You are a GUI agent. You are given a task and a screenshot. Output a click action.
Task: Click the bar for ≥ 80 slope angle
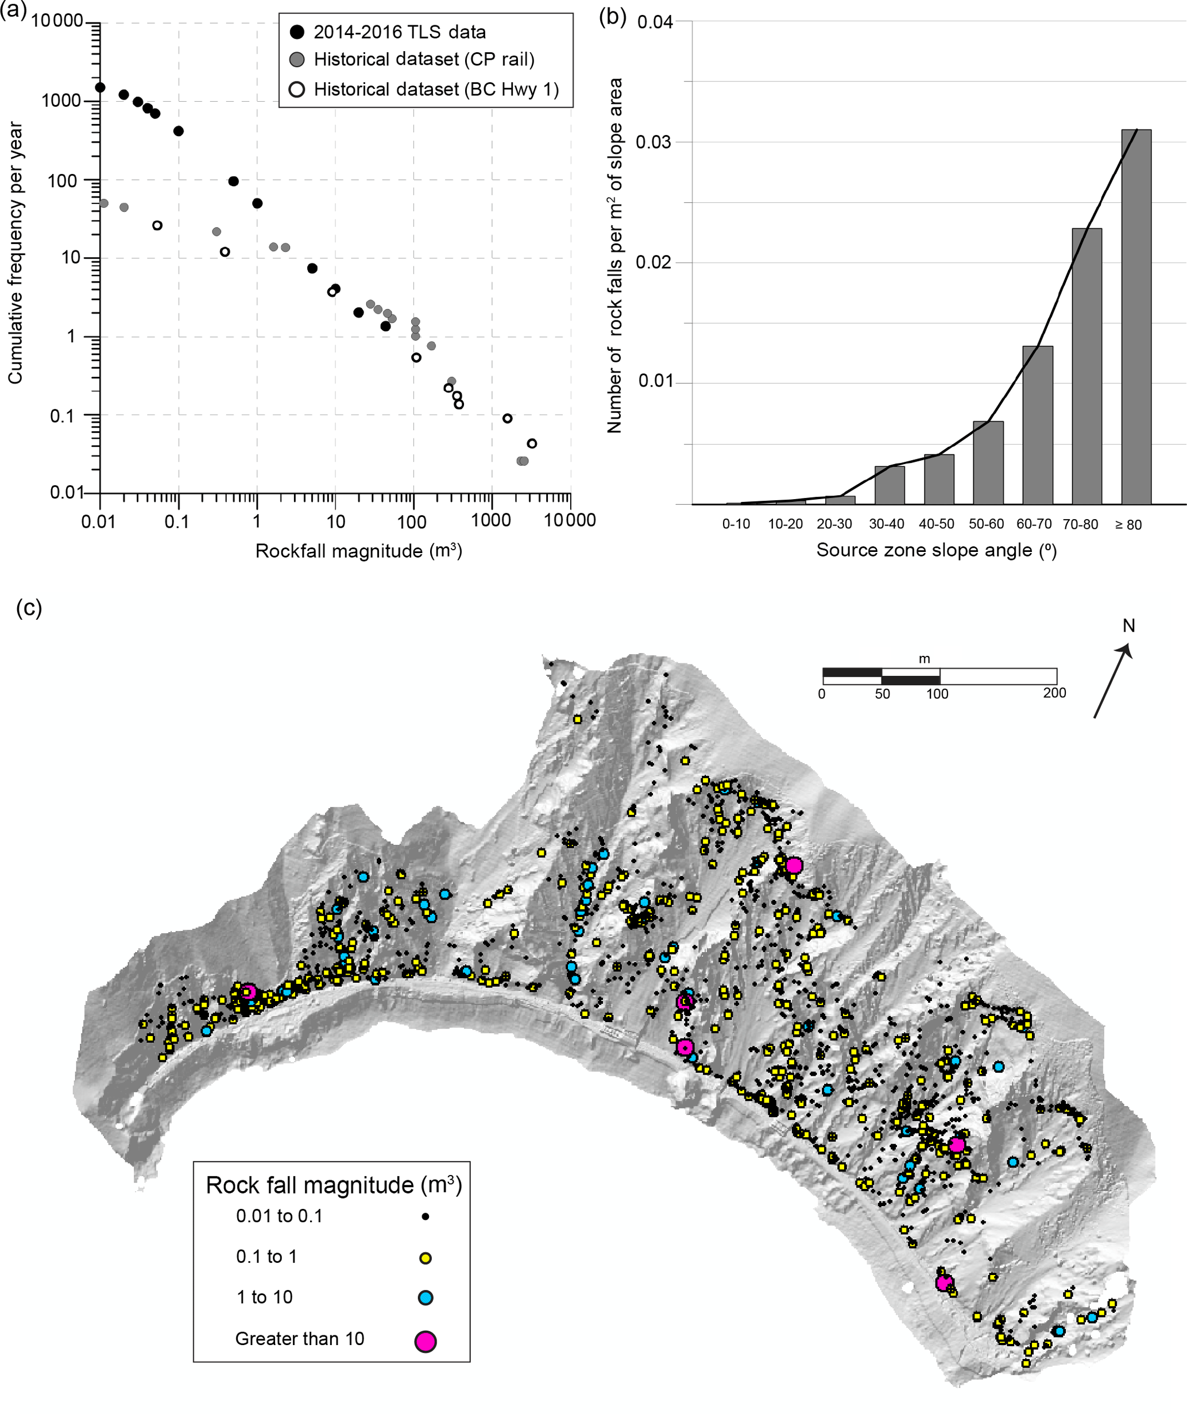point(1136,316)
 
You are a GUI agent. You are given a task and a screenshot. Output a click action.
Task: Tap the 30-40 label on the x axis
point(886,524)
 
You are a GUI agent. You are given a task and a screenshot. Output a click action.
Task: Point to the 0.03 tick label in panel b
point(655,142)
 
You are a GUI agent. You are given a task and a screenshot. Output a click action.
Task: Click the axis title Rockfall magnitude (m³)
point(358,551)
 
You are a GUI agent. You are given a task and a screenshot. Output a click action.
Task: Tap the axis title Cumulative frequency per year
point(15,253)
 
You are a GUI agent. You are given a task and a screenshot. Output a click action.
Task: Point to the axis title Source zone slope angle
point(936,550)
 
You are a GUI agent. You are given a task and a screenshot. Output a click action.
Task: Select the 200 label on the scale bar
point(1054,693)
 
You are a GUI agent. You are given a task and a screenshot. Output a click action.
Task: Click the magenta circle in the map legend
point(425,1341)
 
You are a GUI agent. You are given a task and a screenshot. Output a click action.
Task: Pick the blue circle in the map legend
point(425,1297)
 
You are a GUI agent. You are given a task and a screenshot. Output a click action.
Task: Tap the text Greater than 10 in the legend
point(300,1339)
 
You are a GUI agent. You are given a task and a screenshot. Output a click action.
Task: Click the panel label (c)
point(29,608)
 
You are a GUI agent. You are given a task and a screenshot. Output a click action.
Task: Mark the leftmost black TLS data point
point(100,87)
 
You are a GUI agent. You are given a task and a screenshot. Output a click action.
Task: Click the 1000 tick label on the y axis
point(61,101)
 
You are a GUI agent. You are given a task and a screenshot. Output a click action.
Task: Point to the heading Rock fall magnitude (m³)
point(333,1184)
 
